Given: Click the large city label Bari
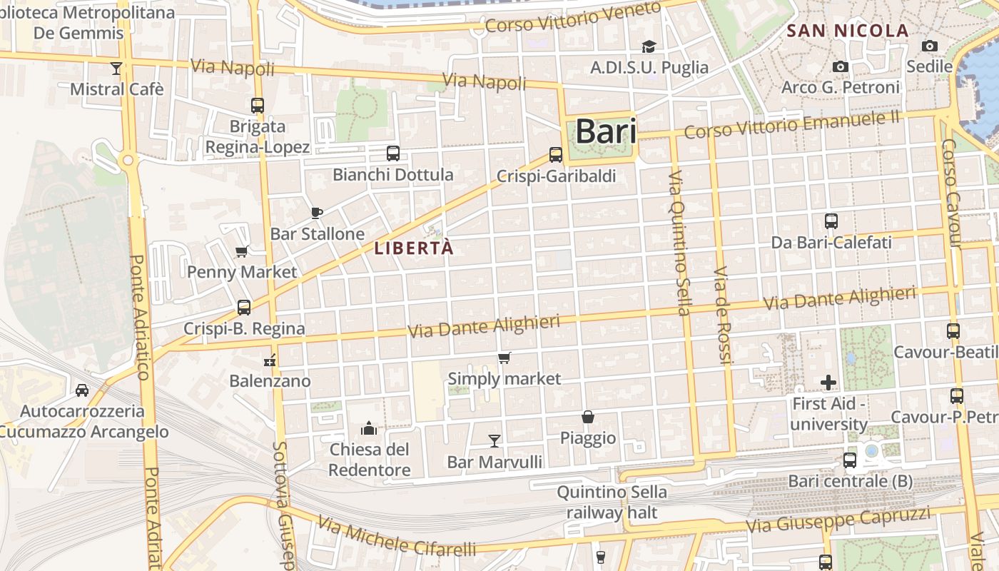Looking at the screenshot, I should tap(605, 131).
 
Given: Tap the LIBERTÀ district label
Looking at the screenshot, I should tap(414, 248).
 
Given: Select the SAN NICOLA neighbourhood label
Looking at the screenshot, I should tap(847, 31).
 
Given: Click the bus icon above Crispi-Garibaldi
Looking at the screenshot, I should tap(555, 154).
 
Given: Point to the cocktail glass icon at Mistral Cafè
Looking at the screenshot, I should tap(116, 69).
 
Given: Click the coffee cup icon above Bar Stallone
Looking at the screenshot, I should tap(318, 213).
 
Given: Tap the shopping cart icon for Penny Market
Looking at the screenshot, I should tap(241, 251).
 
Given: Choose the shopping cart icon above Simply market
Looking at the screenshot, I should tap(504, 358).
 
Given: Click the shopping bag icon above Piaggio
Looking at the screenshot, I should tap(588, 417).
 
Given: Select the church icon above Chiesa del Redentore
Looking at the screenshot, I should tap(369, 428).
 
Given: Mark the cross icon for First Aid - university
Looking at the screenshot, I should tap(828, 383).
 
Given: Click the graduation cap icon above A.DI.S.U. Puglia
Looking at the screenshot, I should tap(649, 47).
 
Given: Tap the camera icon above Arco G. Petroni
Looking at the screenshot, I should tap(841, 66).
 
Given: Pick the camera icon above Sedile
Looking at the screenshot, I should tap(929, 46).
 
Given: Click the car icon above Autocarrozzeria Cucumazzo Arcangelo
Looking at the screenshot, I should tap(82, 390).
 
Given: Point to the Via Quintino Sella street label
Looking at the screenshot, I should tap(680, 243).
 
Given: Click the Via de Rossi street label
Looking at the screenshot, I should tap(723, 315).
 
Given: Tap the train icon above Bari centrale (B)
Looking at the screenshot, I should tap(849, 460).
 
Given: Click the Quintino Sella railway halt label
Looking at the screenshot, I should tap(612, 502).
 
